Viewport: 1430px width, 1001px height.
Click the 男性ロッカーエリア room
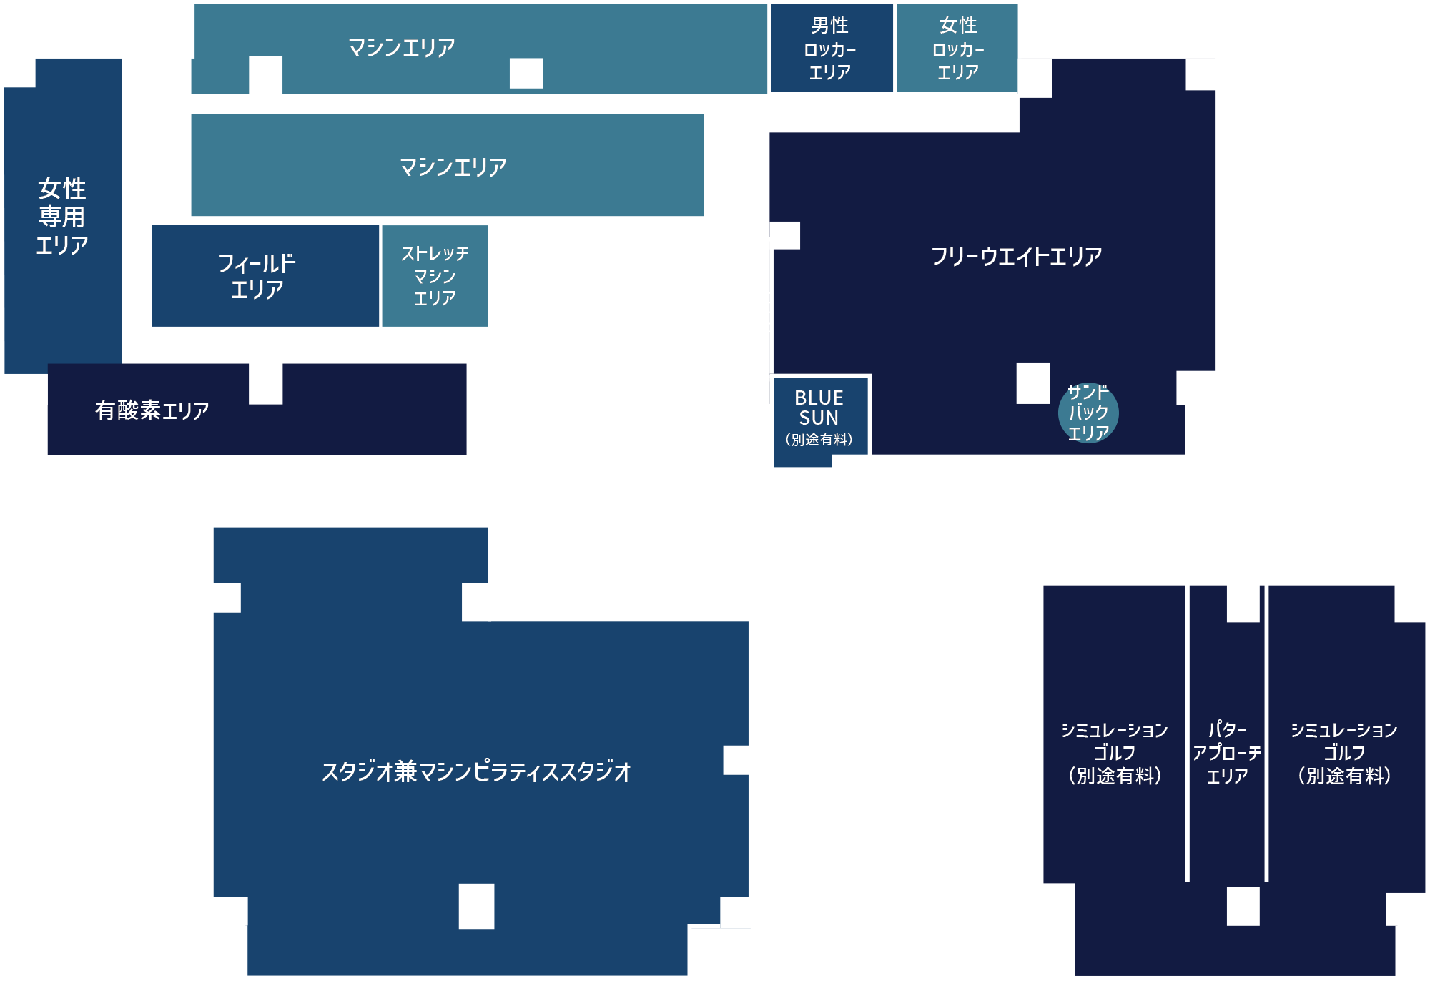pos(830,49)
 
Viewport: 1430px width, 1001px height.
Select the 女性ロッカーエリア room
pos(957,49)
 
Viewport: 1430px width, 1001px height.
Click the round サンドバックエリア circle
pos(1088,413)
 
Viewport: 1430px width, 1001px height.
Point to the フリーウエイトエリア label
pos(1016,256)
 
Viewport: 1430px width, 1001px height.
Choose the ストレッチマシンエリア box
pos(435,276)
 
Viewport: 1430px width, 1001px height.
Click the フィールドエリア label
pos(257,276)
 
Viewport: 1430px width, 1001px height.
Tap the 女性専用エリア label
pos(62,216)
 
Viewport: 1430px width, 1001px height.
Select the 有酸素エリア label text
pos(152,410)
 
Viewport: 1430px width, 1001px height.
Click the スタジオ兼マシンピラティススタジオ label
pos(476,771)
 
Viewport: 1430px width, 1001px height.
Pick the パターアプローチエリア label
pos(1227,753)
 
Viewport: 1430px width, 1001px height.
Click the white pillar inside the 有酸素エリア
pos(266,383)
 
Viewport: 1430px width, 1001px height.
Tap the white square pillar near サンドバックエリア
pos(1033,383)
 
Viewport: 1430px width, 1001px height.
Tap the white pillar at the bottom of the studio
pos(476,906)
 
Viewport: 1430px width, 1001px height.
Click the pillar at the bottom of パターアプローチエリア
pos(1243,906)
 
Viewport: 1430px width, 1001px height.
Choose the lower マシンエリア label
pos(453,167)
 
